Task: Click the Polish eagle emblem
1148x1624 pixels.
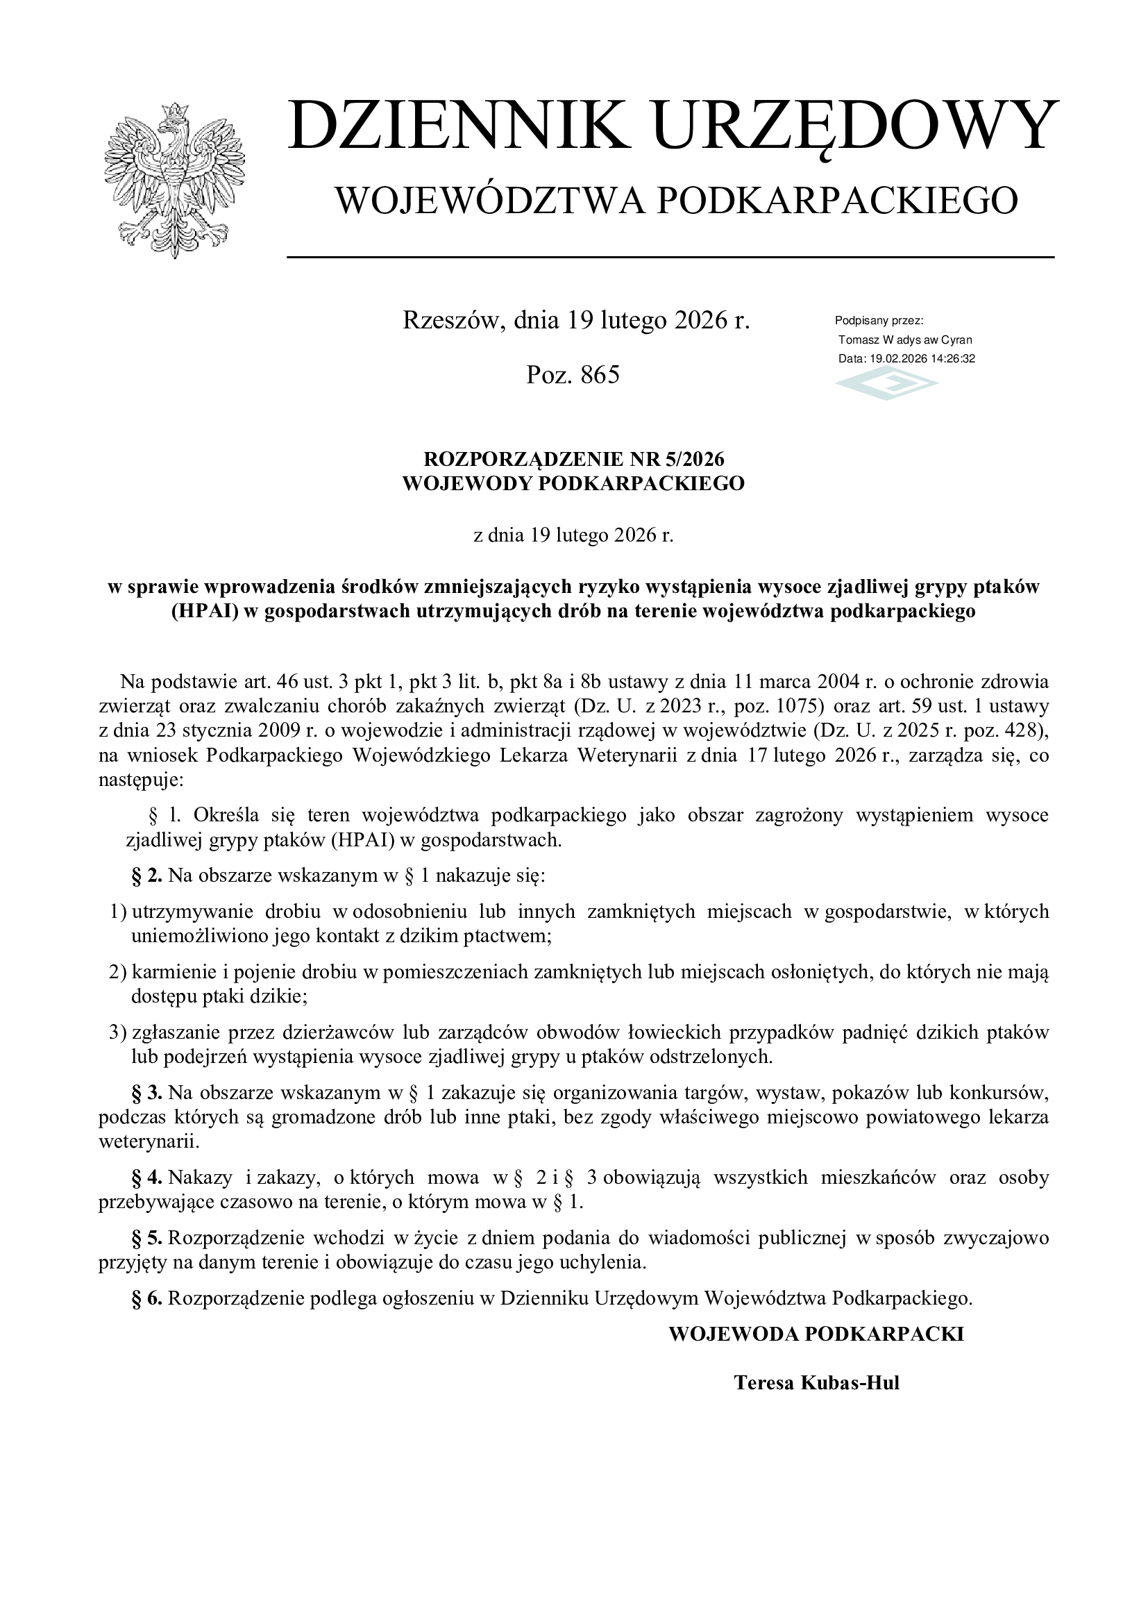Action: click(x=174, y=181)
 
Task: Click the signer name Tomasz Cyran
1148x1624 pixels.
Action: click(x=905, y=340)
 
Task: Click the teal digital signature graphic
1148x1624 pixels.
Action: click(x=886, y=385)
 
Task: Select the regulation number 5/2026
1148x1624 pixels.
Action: click(x=695, y=459)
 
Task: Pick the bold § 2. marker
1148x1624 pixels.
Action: click(x=147, y=876)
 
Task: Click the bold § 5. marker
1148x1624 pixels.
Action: click(x=147, y=1239)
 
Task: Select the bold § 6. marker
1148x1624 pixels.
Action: click(x=147, y=1298)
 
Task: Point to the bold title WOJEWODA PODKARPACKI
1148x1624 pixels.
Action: click(x=816, y=1334)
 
